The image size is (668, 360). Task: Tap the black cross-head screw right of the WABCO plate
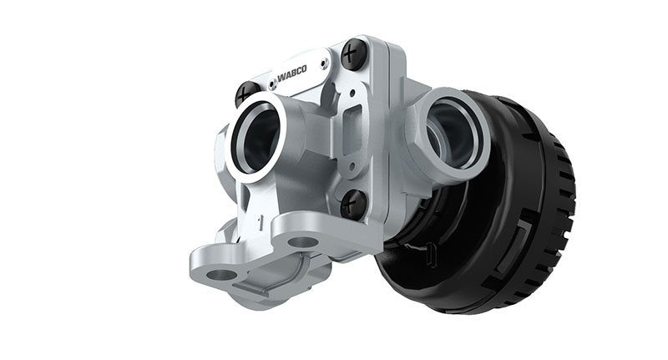pyautogui.click(x=353, y=54)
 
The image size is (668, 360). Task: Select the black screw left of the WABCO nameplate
pyautogui.click(x=248, y=94)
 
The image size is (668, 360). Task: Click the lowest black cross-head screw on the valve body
pyautogui.click(x=354, y=203)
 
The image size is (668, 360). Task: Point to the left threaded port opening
pyautogui.click(x=255, y=137)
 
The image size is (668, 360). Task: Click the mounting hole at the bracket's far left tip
pyautogui.click(x=221, y=274)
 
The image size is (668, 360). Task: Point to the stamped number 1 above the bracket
pyautogui.click(x=261, y=222)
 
